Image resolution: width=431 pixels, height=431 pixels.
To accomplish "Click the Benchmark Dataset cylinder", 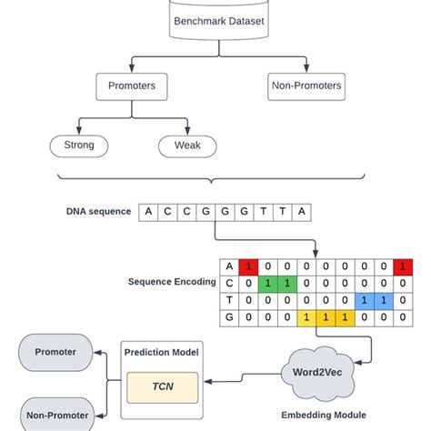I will [x=215, y=18].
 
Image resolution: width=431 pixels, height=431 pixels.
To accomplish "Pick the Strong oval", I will [x=78, y=145].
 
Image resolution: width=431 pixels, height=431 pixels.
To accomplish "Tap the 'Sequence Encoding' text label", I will [x=170, y=282].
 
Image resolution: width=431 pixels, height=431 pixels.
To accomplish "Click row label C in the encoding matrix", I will [x=229, y=284].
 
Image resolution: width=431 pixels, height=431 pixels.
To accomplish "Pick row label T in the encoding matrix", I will [x=229, y=300].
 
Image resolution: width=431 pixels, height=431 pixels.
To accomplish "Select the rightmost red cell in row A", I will [x=401, y=267].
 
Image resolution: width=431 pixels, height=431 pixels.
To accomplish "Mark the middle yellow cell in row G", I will [x=326, y=317].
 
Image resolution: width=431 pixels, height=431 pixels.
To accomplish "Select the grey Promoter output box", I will [x=55, y=352].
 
